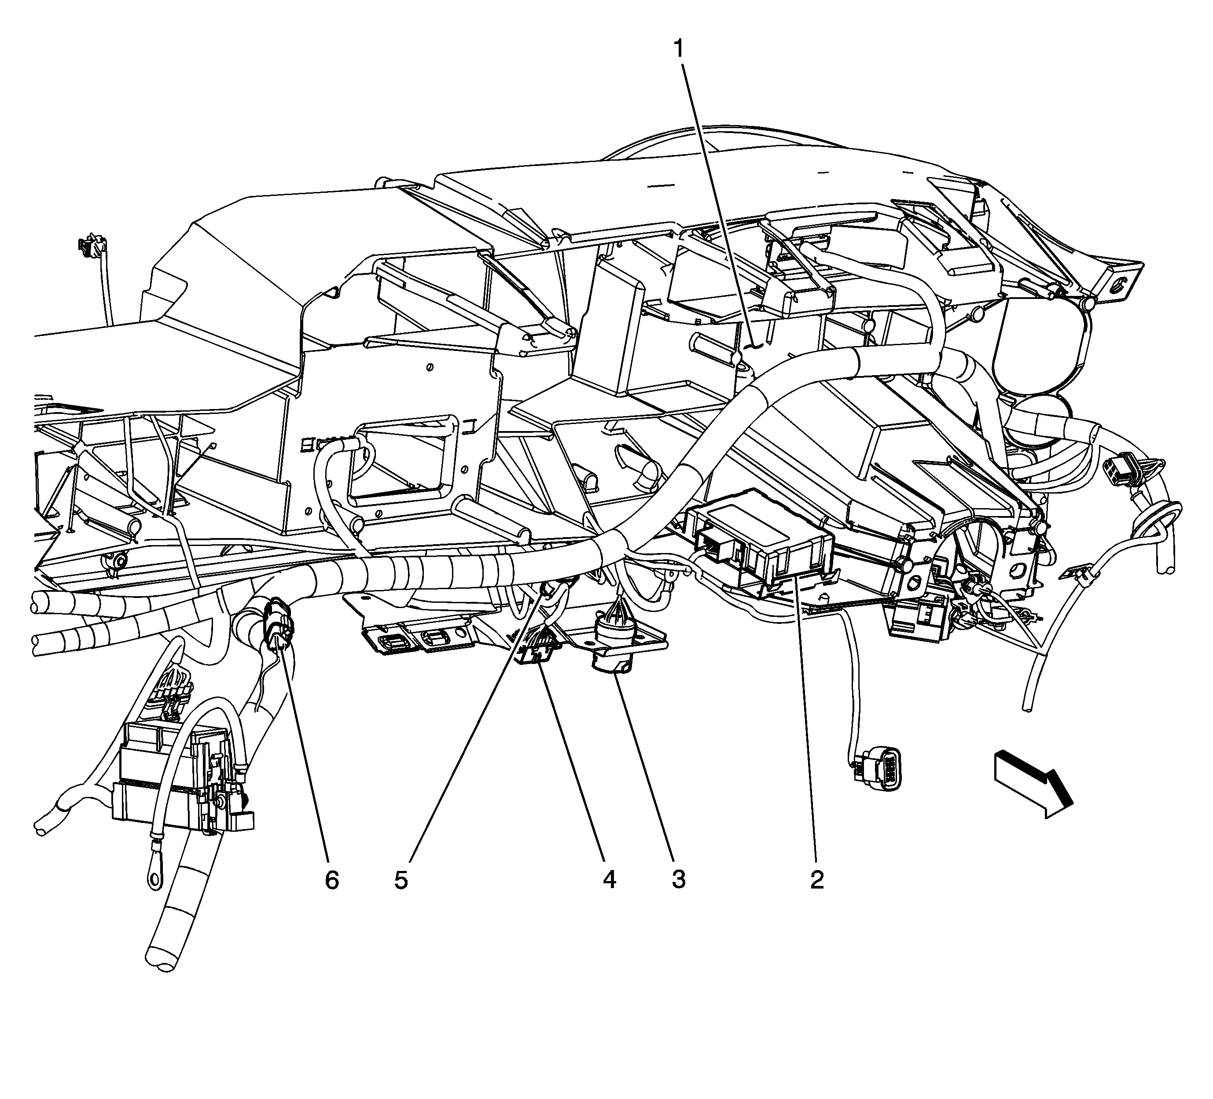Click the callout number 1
pyautogui.click(x=679, y=49)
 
